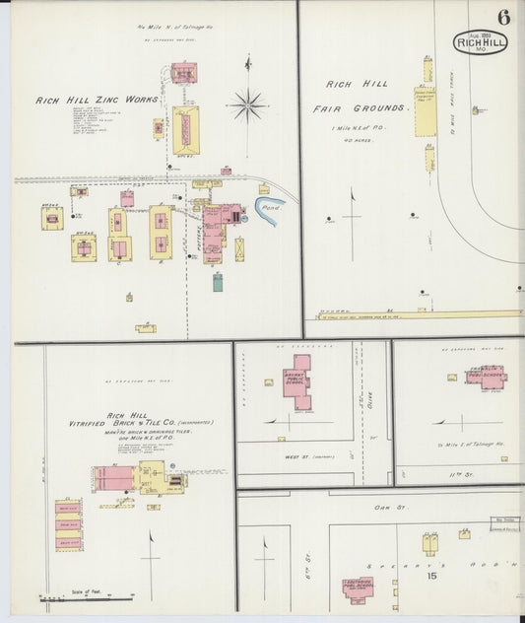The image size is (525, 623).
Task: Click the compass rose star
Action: pos(248,103)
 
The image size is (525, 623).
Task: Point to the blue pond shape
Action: pos(267,209)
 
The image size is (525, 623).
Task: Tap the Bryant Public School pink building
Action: pos(296,382)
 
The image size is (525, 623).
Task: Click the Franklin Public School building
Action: pos(486,376)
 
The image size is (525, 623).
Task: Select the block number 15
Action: pos(431,576)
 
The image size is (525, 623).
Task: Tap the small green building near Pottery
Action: pos(217,282)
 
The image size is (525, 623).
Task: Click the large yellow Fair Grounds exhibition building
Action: pos(425,110)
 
